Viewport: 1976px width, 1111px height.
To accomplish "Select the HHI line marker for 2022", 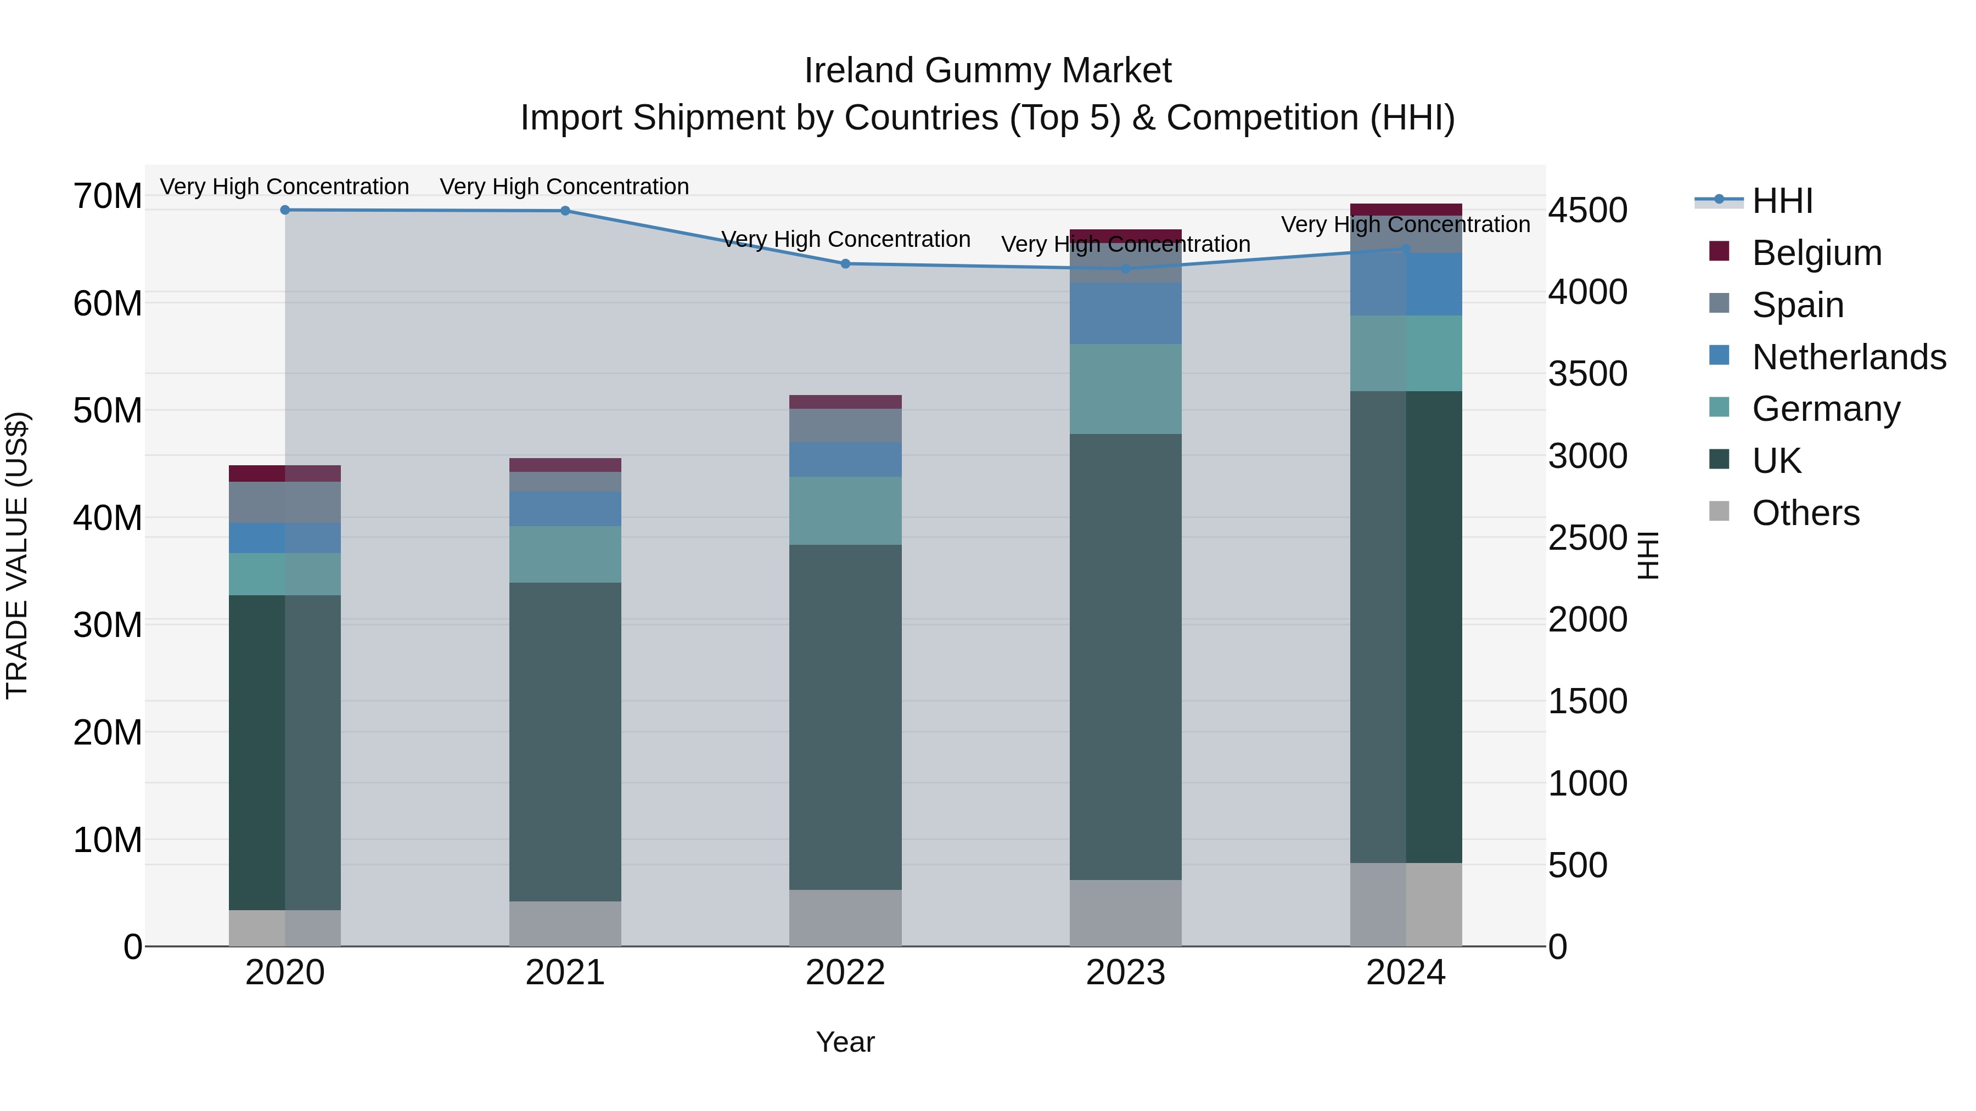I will [845, 264].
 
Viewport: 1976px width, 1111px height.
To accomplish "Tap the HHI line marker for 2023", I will [1125, 268].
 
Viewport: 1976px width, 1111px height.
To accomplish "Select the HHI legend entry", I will [1781, 201].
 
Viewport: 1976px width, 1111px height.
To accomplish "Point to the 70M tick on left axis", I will [108, 196].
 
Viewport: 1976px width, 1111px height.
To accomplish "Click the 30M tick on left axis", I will [108, 625].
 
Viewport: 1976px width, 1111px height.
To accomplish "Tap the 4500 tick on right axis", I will [1587, 210].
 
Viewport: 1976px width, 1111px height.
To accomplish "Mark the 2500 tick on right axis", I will [1587, 538].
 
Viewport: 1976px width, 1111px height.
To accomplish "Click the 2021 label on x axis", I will [565, 973].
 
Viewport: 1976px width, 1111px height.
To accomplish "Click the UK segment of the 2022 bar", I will [845, 717].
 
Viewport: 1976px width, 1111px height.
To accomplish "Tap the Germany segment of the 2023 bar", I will [1125, 389].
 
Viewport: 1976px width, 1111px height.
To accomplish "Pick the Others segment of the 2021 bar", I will [565, 923].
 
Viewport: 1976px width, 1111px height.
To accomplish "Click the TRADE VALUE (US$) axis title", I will [17, 555].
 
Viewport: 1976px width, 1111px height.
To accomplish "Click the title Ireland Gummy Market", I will [987, 71].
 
